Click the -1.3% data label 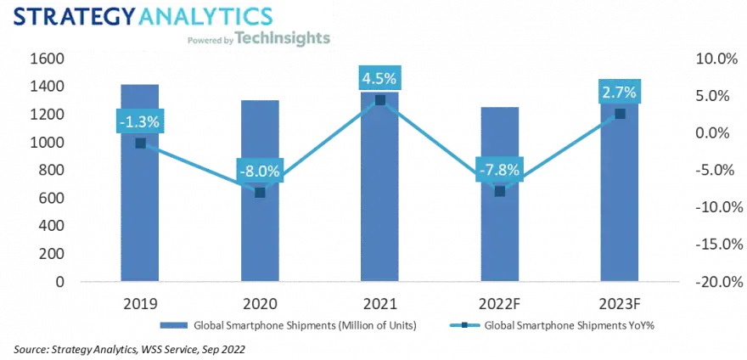tap(140, 121)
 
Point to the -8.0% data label tap(260, 171)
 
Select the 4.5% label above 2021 tap(379, 78)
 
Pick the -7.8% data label tap(500, 169)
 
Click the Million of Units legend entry tap(295, 326)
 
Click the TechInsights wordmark tap(283, 38)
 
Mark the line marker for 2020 tap(260, 193)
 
